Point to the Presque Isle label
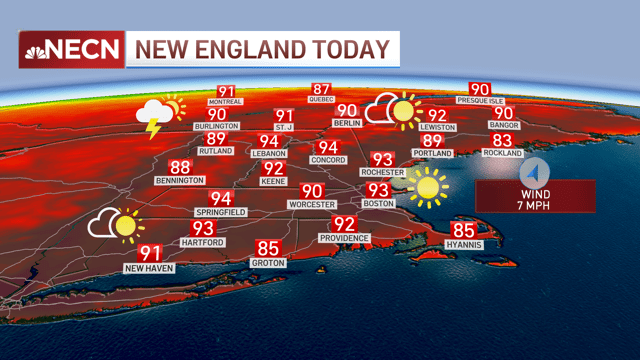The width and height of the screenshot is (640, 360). (x=480, y=101)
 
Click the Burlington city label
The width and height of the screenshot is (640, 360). (x=217, y=127)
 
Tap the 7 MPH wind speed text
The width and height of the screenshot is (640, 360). (x=535, y=204)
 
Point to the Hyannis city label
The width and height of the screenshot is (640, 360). (x=466, y=244)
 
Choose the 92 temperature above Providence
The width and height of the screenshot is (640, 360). (x=344, y=223)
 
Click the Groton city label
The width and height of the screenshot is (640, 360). (x=268, y=262)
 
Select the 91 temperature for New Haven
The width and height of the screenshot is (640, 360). (x=151, y=253)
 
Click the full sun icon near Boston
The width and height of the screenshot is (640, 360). (x=429, y=185)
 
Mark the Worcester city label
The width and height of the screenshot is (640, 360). (x=312, y=205)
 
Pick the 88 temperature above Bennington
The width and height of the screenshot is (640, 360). (x=180, y=167)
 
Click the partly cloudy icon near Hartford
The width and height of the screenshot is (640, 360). (x=113, y=223)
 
